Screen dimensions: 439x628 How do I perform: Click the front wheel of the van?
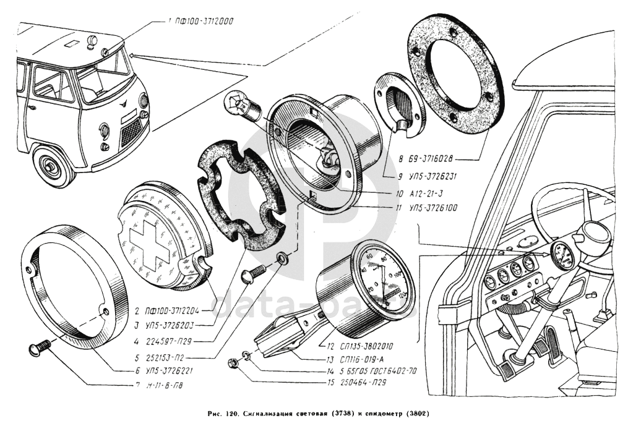tap(49, 166)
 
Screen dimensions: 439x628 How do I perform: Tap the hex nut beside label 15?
tap(234, 363)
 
